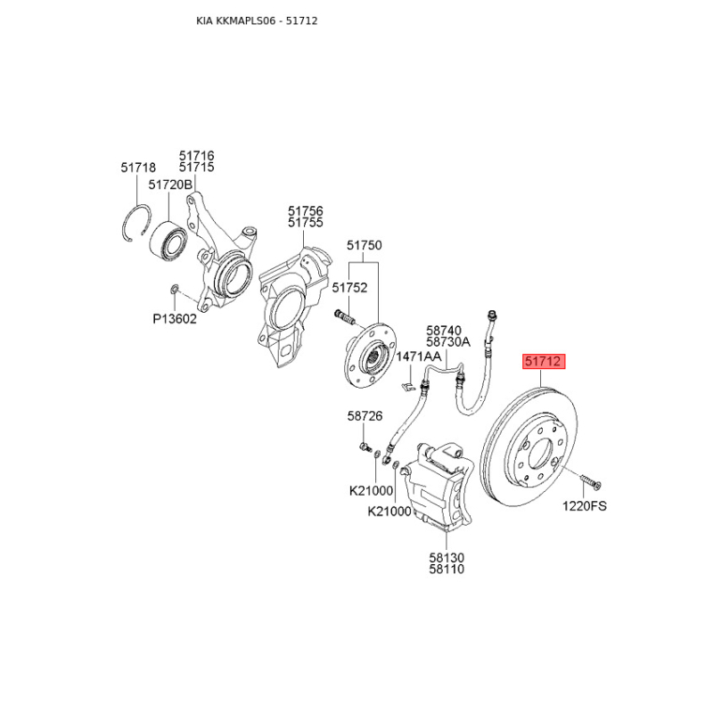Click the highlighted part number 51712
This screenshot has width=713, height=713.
point(543,362)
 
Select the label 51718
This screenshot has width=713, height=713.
point(138,167)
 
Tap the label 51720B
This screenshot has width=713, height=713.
point(169,184)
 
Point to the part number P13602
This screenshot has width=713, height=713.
point(173,318)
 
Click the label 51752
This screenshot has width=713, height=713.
point(349,287)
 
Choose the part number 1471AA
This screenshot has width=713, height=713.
point(418,356)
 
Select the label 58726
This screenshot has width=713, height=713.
point(365,416)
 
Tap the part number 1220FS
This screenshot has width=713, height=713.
point(584,506)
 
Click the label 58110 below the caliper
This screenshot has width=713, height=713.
point(446,570)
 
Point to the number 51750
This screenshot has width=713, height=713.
point(364,245)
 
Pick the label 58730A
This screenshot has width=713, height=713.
point(447,341)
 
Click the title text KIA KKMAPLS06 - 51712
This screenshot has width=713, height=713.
point(257,20)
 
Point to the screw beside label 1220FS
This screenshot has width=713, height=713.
point(588,482)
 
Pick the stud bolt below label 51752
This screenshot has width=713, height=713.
point(344,316)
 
